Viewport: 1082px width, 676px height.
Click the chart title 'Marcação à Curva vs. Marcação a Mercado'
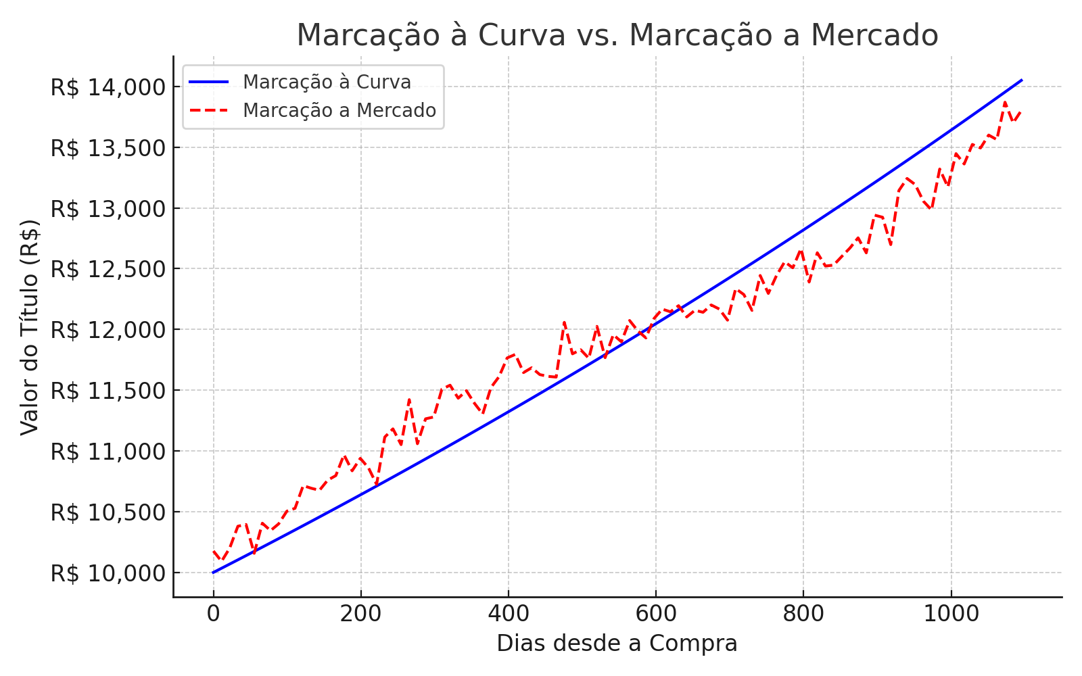tap(617, 35)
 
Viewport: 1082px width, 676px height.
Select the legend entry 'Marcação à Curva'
tap(327, 82)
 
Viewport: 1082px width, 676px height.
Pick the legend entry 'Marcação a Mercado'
tap(339, 110)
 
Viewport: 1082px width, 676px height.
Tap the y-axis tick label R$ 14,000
tap(108, 87)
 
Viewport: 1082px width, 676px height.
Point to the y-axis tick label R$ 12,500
tap(108, 269)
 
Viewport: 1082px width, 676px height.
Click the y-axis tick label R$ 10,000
tap(108, 573)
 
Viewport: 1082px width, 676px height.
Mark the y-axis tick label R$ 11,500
tap(108, 391)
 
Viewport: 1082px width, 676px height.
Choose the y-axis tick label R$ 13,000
tap(108, 209)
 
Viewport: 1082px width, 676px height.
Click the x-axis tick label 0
tap(213, 613)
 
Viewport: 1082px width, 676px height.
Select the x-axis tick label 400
tap(509, 613)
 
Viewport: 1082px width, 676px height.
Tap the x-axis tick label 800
tap(803, 613)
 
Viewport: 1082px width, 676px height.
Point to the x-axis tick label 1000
tap(951, 613)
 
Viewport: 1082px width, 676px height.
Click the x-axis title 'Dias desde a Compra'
tap(617, 644)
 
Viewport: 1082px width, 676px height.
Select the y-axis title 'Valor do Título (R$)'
tap(30, 327)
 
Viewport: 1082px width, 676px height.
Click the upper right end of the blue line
tap(1021, 80)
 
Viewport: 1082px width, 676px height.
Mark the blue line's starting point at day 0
tap(213, 573)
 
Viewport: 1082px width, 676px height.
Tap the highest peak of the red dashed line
tap(1005, 102)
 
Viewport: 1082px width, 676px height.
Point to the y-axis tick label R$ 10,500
tap(108, 512)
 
